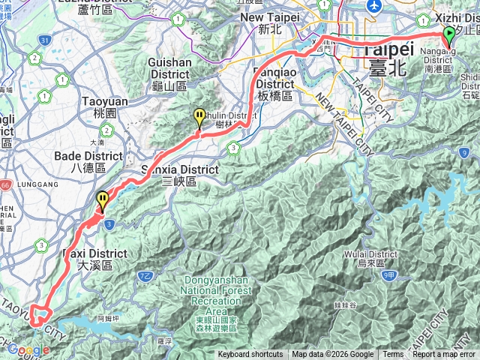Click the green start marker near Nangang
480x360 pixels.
[448, 34]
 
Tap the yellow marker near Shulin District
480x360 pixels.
[199, 117]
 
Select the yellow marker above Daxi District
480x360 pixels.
[102, 200]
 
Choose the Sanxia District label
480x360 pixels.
[179, 175]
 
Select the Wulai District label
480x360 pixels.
[379, 258]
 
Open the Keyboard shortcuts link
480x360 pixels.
[251, 355]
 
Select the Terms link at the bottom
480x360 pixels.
[393, 355]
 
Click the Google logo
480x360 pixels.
[28, 349]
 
